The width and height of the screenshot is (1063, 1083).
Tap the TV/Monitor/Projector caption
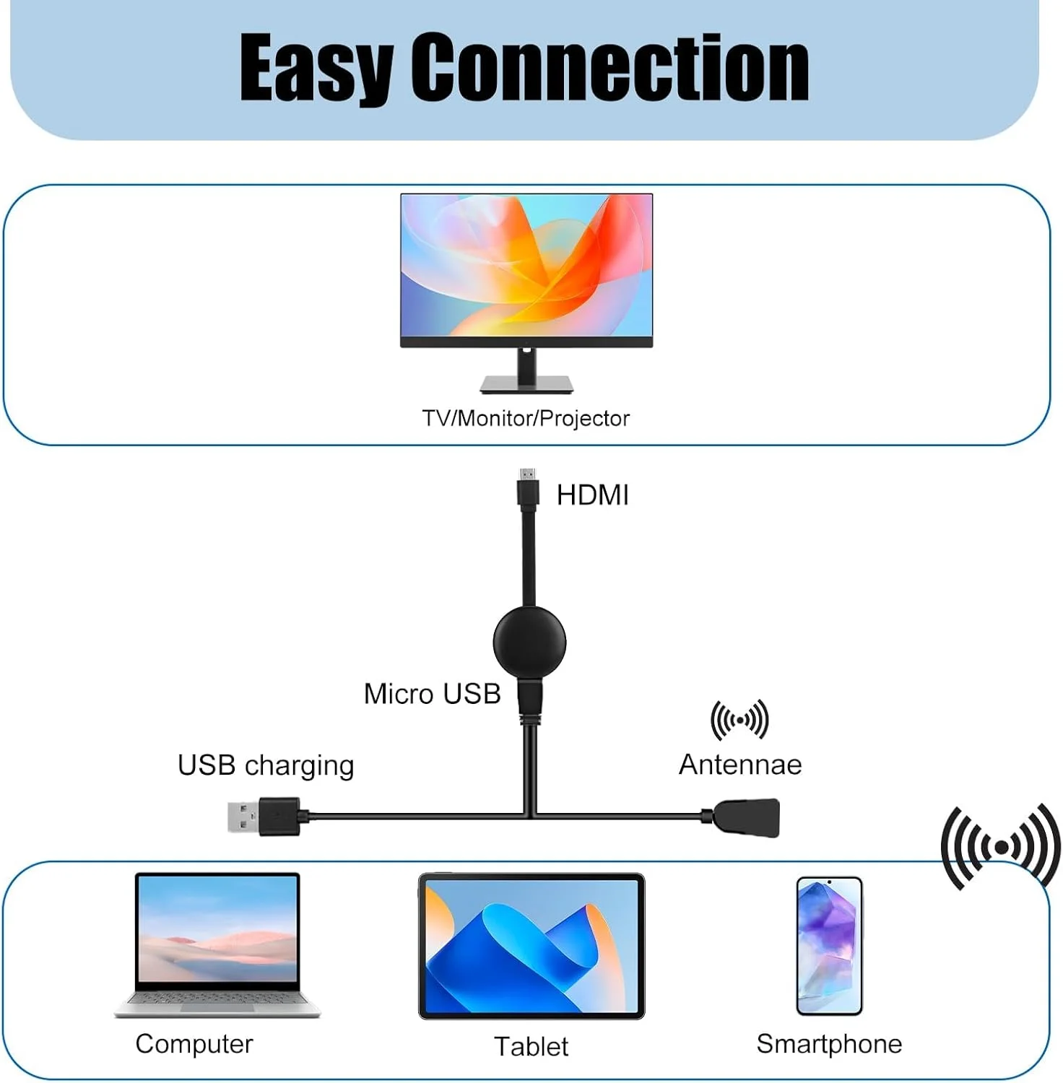click(x=526, y=418)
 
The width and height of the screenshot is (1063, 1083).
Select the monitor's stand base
click(x=526, y=384)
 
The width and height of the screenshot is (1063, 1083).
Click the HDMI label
click(x=592, y=495)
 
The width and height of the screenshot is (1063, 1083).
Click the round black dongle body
click(x=529, y=642)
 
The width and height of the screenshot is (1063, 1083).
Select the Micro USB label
click(x=432, y=694)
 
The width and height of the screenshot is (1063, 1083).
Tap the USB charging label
click(x=266, y=765)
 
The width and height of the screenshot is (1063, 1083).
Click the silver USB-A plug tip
click(x=243, y=817)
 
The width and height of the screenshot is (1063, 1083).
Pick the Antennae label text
click(x=740, y=765)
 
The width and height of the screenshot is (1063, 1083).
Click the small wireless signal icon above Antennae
click(x=739, y=720)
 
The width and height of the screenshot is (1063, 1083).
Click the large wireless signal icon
click(x=1001, y=846)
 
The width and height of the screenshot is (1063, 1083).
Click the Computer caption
click(x=194, y=1044)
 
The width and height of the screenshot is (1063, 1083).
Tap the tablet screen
click(x=531, y=946)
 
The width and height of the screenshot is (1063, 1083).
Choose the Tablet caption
click(x=531, y=1046)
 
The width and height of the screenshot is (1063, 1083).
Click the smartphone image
click(x=829, y=946)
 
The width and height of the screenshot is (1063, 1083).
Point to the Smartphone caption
click(x=829, y=1044)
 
